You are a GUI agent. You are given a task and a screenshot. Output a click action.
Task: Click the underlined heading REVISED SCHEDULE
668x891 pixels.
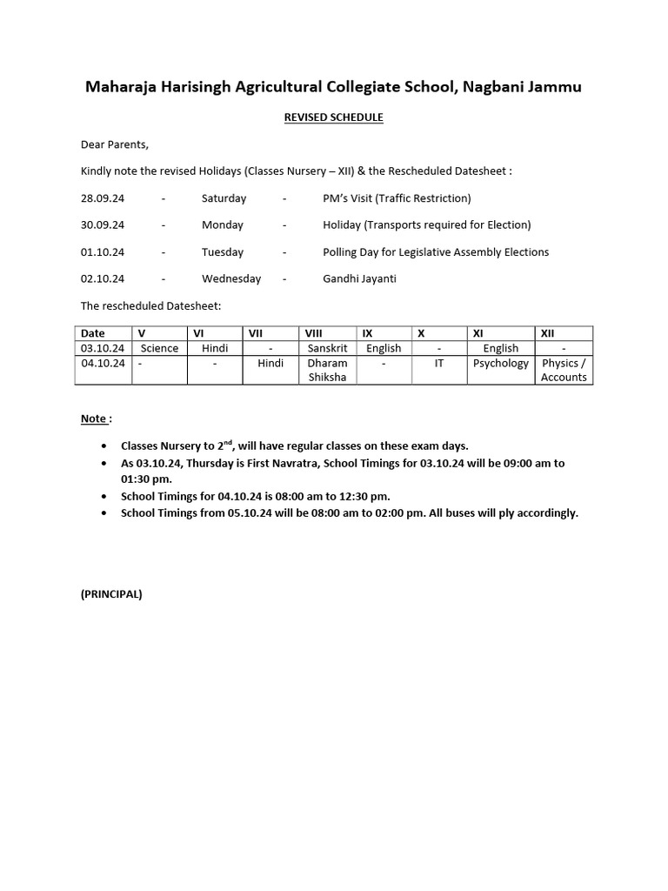tap(334, 117)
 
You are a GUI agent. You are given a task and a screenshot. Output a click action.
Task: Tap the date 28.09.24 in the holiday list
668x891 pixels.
tap(103, 198)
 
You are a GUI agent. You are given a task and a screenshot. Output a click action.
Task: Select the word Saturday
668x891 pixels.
tap(224, 198)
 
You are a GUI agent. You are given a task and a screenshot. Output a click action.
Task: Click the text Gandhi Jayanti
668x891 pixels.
tap(359, 279)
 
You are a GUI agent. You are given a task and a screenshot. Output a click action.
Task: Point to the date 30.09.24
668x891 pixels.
tap(103, 225)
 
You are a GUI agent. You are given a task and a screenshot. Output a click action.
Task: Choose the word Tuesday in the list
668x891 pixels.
tap(223, 252)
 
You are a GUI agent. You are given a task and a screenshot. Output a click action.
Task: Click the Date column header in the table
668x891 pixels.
tap(93, 333)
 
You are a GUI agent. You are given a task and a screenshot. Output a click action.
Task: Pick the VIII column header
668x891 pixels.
tap(313, 333)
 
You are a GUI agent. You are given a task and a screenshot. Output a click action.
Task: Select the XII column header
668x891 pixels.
tap(548, 333)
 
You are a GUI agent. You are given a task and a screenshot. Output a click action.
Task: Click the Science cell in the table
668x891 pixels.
tap(159, 348)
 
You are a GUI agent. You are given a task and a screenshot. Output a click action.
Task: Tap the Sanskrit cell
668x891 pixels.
tap(327, 348)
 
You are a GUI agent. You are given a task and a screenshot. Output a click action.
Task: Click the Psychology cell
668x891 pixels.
tap(500, 363)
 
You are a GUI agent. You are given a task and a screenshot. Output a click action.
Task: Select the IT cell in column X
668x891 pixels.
tap(439, 363)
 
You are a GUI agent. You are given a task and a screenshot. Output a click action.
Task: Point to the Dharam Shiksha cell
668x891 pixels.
tap(327, 370)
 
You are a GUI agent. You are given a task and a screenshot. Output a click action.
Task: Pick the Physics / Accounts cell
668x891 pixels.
tap(564, 370)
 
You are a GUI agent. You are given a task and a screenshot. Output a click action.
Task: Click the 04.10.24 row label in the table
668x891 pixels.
tap(103, 363)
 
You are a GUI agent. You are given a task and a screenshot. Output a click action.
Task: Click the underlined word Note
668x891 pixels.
tap(94, 419)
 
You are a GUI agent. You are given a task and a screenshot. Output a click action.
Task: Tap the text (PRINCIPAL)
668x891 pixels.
tap(111, 594)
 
